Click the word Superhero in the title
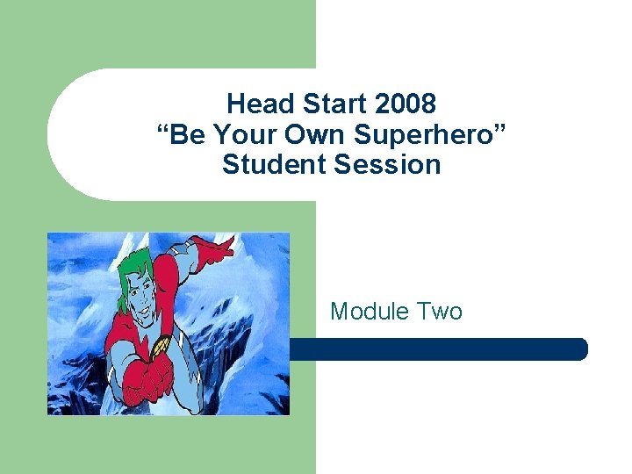[431, 134]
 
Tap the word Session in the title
[386, 164]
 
